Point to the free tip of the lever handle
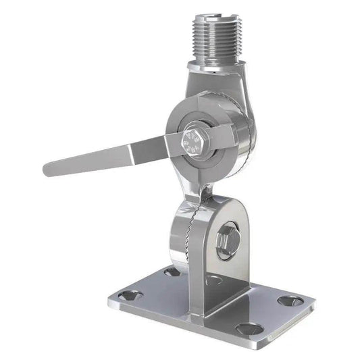49,165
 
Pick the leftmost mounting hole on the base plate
132,294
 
